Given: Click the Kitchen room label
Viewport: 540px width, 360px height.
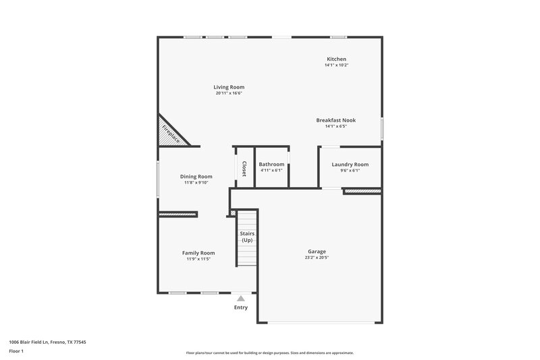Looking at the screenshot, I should (x=335, y=59).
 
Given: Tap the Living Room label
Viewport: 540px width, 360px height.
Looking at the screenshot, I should (x=229, y=87).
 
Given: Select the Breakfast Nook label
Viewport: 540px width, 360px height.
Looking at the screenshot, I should (x=335, y=120).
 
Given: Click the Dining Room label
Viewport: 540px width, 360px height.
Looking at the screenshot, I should (x=196, y=176).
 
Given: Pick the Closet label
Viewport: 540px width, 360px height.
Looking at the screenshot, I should (x=244, y=169).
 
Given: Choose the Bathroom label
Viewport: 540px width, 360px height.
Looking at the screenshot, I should (x=271, y=164).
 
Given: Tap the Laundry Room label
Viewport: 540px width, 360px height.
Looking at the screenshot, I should (x=350, y=164).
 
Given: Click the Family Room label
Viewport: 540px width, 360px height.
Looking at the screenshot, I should (x=198, y=253).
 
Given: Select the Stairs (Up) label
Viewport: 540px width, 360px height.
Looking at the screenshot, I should (x=247, y=237).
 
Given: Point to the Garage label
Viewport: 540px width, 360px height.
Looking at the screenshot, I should (x=317, y=251).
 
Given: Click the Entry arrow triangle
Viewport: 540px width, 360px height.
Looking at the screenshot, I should (x=241, y=298).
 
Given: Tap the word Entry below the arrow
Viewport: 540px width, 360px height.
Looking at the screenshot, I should (x=241, y=307).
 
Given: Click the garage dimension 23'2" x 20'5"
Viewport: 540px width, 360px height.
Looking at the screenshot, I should (x=317, y=258).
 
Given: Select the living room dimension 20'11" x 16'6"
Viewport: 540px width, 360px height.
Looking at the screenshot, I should (x=229, y=93).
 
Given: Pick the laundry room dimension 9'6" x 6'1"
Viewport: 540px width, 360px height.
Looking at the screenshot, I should (x=350, y=170).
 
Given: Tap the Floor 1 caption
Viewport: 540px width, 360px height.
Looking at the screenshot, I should (x=16, y=352).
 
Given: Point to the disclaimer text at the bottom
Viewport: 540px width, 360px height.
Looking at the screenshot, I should (x=270, y=353).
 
